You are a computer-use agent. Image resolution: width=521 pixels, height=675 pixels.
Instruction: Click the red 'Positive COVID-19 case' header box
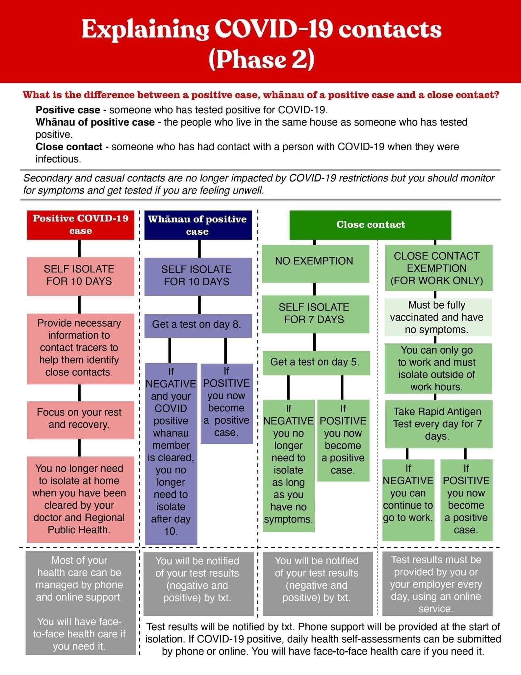pos(80,225)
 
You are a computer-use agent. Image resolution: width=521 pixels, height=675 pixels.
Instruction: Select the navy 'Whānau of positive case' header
pos(197,225)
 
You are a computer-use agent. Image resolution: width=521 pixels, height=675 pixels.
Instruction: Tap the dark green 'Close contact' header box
pos(370,225)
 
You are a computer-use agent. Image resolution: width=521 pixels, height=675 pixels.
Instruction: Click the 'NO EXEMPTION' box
pos(315,263)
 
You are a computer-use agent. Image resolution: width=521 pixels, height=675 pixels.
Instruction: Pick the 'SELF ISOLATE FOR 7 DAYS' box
pos(315,314)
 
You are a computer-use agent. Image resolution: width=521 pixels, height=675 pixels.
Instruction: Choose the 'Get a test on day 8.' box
pos(197,325)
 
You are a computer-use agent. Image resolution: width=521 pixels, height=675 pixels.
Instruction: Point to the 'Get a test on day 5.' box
pos(316,363)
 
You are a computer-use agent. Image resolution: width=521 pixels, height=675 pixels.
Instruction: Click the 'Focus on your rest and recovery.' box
pos(80,419)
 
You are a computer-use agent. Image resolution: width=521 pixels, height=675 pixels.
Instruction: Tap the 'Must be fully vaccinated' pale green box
pos(438,317)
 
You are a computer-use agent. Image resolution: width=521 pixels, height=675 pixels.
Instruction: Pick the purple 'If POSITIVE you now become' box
pos(226,403)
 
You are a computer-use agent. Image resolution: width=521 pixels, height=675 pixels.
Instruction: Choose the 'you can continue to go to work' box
pos(408,500)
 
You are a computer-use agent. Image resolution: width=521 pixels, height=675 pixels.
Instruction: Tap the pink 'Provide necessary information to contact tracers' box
pos(80,348)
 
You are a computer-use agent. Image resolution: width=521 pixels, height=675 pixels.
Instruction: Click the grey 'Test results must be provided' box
pos(437,583)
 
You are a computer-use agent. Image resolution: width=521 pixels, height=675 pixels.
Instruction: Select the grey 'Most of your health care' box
pos(80,603)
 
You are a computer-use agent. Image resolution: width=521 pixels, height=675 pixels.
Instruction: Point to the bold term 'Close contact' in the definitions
pos(69,147)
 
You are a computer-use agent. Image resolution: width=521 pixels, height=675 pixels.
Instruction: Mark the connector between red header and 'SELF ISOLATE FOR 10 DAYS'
pos(80,248)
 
